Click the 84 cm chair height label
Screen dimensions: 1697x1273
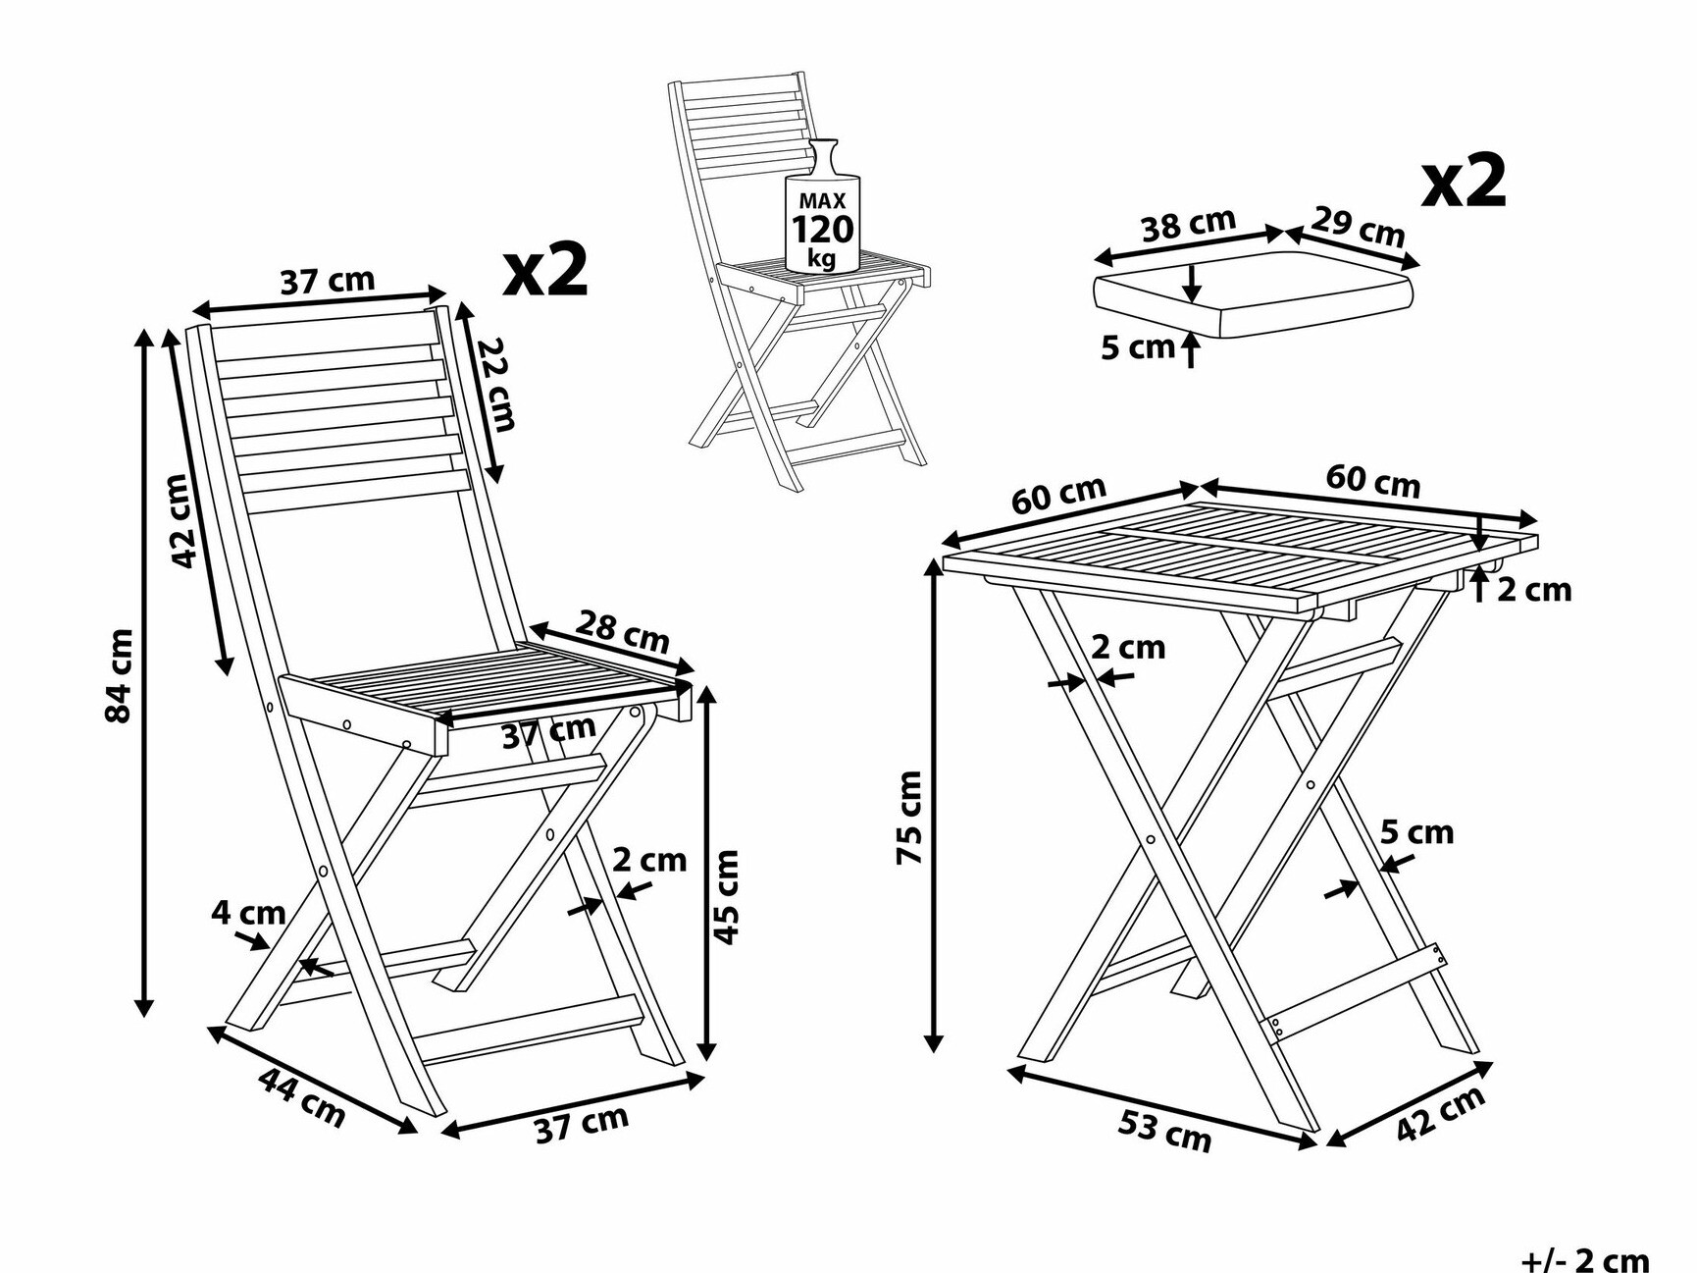pos(119,675)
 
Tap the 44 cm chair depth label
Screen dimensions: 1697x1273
pos(302,1096)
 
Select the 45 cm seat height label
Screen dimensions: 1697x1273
pos(726,897)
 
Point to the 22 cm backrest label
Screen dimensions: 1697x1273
pos(497,384)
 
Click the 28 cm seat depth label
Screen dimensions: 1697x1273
pos(623,632)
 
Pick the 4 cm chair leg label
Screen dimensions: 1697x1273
pos(248,913)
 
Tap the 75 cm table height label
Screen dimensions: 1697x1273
pos(910,818)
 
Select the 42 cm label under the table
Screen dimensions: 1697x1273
pos(1440,1114)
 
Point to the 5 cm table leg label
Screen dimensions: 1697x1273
pos(1416,832)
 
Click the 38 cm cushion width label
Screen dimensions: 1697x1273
pos(1189,225)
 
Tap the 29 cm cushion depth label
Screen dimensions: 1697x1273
pos(1359,227)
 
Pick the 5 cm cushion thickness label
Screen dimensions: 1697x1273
pos(1137,346)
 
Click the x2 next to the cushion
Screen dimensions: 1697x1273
pos(1464,182)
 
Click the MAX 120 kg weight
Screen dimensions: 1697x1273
pos(822,230)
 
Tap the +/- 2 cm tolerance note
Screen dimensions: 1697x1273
pos(1585,1259)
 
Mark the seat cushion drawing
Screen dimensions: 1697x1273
pos(1254,294)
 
